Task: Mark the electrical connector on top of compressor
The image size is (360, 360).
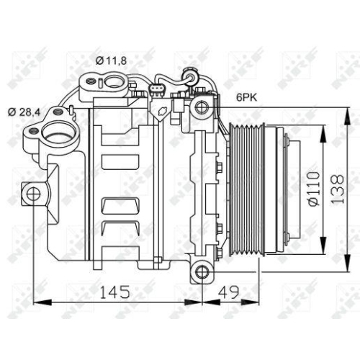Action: pos(158,91)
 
